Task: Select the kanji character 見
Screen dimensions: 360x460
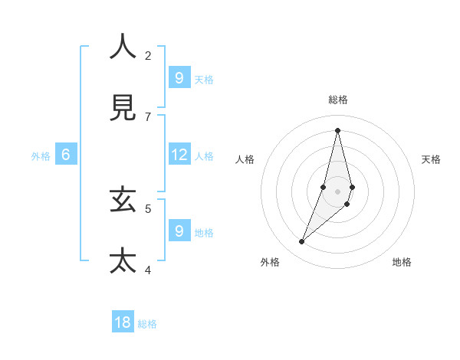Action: tap(123, 108)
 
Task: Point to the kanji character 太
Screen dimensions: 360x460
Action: tap(123, 260)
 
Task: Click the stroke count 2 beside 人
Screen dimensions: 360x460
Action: tap(148, 55)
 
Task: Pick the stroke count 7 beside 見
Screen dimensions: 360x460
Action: tap(148, 116)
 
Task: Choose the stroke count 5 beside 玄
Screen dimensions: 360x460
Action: tap(148, 208)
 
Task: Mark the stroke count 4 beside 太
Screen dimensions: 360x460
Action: tap(148, 270)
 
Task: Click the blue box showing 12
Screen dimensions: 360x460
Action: tap(179, 155)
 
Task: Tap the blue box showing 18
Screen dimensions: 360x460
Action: tap(123, 322)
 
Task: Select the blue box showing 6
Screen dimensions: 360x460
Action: tap(66, 155)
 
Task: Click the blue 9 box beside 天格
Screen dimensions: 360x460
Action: tap(179, 78)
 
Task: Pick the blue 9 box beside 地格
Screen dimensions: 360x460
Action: tap(179, 231)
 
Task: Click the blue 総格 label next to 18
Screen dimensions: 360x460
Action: tap(147, 324)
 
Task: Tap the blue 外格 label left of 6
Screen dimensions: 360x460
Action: tap(41, 156)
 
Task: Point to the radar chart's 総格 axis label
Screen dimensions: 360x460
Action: tap(337, 100)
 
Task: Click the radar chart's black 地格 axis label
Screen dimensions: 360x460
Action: tap(402, 262)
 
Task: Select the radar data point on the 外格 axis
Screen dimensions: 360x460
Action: tap(301, 242)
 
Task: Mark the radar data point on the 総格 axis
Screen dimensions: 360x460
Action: tap(337, 129)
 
